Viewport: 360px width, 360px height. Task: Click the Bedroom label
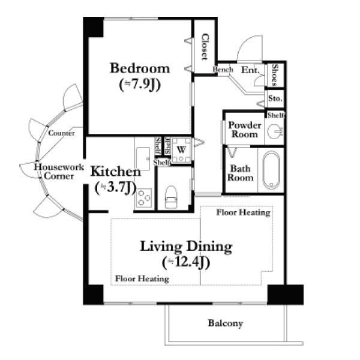point(140,68)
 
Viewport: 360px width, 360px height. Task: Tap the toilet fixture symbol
point(171,197)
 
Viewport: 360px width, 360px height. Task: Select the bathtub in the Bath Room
point(271,170)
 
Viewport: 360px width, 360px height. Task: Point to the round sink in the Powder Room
point(275,131)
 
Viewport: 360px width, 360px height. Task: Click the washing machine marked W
point(181,151)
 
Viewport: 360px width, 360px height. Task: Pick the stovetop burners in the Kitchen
point(144,198)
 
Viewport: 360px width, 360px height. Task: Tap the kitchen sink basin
point(143,158)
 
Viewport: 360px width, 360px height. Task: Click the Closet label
point(205,47)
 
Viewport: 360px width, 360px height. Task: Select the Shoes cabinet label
point(275,75)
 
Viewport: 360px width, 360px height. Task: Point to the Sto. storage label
point(275,98)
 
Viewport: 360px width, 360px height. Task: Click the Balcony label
point(225,323)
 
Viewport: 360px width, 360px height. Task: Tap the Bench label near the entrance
point(223,70)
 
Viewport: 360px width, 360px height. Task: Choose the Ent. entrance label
point(250,70)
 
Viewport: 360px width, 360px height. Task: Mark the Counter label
point(61,133)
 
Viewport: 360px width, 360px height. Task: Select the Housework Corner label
point(59,171)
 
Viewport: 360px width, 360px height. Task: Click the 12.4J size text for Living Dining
point(186,262)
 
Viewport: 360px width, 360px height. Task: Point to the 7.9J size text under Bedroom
point(140,85)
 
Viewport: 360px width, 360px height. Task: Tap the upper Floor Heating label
point(244,212)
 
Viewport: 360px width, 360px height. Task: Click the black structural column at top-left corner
point(93,27)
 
